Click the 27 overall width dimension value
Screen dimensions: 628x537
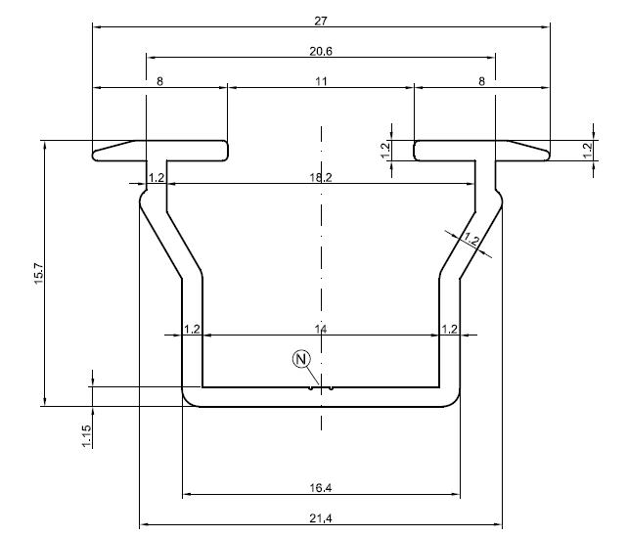click(x=321, y=21)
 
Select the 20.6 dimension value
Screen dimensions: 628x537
click(x=321, y=51)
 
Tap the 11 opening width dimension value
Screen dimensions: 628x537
click(x=321, y=82)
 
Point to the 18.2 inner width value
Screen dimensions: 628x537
click(x=321, y=177)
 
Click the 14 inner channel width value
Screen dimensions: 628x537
click(x=321, y=330)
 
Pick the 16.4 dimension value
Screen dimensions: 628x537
click(x=321, y=488)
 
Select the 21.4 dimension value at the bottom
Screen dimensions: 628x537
click(x=321, y=518)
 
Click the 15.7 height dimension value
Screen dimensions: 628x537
click(x=39, y=274)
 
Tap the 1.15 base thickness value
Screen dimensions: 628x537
click(x=86, y=436)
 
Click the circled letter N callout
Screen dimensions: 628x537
click(x=301, y=359)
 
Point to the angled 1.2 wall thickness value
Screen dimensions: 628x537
click(x=471, y=239)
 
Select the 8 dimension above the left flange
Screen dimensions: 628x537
click(x=159, y=82)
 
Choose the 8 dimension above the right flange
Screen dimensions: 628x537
click(x=482, y=82)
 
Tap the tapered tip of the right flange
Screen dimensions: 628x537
click(x=548, y=156)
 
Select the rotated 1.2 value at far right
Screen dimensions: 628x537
click(x=588, y=151)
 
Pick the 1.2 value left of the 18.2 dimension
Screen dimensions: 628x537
click(x=157, y=177)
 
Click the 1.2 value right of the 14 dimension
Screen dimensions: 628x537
click(x=449, y=330)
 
